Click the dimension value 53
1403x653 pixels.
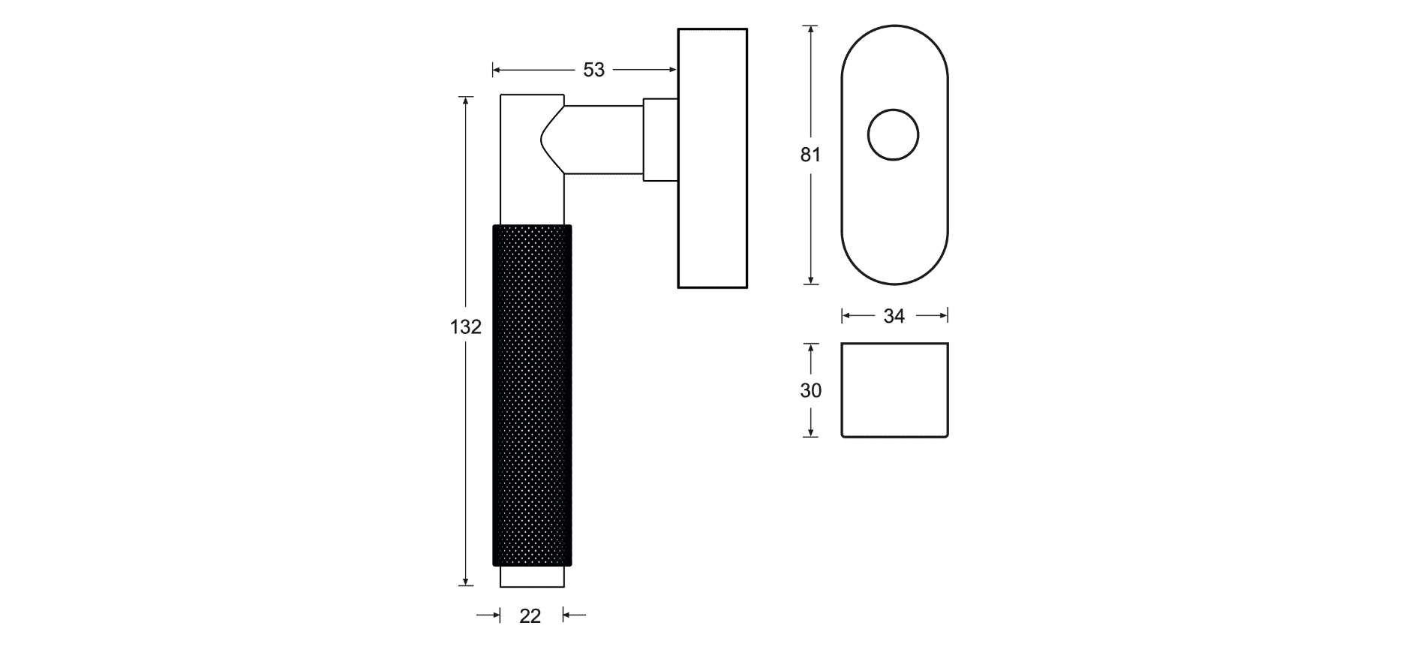pyautogui.click(x=593, y=70)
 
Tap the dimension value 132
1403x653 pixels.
pyautogui.click(x=465, y=327)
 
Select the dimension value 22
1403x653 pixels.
pyautogui.click(x=530, y=616)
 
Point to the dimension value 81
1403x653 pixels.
pyautogui.click(x=810, y=155)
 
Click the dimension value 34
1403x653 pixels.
pyautogui.click(x=894, y=317)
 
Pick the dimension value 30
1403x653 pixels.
pyautogui.click(x=810, y=390)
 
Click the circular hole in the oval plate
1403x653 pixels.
pyautogui.click(x=893, y=135)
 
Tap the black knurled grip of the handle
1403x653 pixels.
pyautogui.click(x=532, y=395)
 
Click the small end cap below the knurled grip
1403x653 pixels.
pyautogui.click(x=532, y=576)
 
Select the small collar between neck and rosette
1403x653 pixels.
pyautogui.click(x=660, y=140)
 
